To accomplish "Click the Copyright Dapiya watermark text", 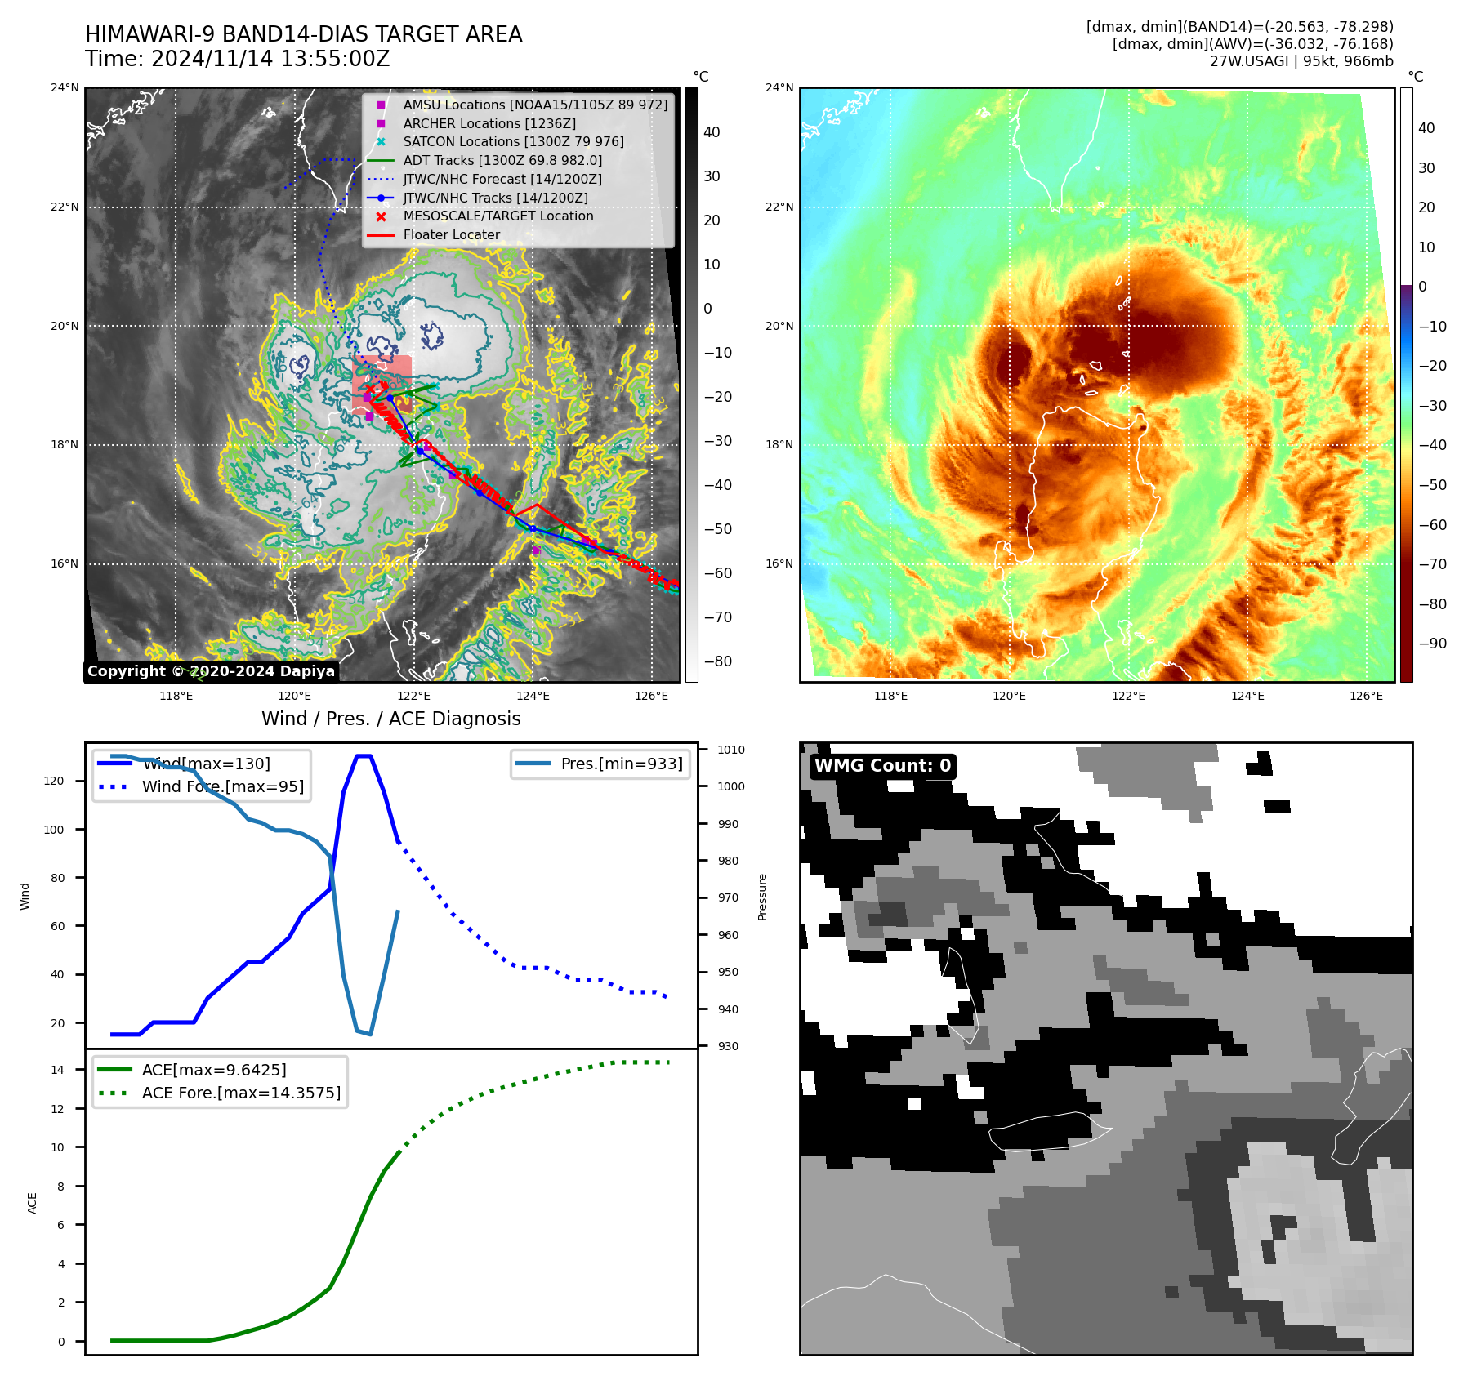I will pos(211,671).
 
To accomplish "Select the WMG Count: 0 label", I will pos(882,766).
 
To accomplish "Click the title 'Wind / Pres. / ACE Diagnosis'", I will pos(390,719).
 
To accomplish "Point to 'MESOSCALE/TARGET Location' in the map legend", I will pos(498,216).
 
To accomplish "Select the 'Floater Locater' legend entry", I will pos(451,235).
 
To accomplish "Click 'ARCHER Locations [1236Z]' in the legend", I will pos(489,124).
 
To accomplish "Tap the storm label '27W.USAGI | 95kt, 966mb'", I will pos(1301,61).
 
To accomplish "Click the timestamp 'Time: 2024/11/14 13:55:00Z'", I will pos(237,60).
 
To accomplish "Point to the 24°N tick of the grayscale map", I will pos(65,88).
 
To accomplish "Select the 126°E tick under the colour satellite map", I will pos(1366,697).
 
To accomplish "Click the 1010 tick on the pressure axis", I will pos(731,750).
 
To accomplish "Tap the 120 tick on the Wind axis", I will pos(54,782).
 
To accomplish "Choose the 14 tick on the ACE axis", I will pos(57,1070).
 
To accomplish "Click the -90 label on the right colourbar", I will pos(1432,644).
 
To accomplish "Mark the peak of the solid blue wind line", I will pos(364,756).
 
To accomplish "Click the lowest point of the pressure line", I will pos(370,1035).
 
